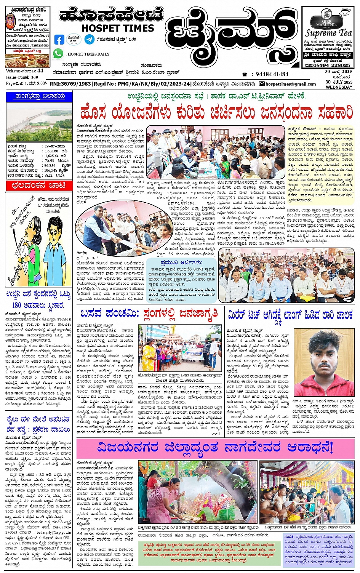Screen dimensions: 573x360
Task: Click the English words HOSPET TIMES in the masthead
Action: click(117, 28)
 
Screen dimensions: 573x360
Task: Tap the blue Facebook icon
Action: click(59, 39)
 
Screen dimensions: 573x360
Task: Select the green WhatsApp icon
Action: click(58, 53)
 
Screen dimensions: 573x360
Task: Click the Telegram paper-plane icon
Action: click(90, 39)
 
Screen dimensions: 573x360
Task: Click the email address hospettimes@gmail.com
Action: click(290, 84)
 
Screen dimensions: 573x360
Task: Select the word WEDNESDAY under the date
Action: click(339, 87)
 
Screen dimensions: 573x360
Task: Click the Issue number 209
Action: click(35, 77)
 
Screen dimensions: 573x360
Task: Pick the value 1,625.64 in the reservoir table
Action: click(52, 156)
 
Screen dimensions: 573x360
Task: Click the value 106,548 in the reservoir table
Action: click(51, 170)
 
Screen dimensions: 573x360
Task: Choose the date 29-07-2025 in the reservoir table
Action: click(54, 146)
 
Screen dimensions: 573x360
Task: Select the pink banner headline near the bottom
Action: click(215, 447)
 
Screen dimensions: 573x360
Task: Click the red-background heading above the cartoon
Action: click(39, 186)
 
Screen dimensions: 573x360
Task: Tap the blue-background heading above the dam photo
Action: click(39, 96)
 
